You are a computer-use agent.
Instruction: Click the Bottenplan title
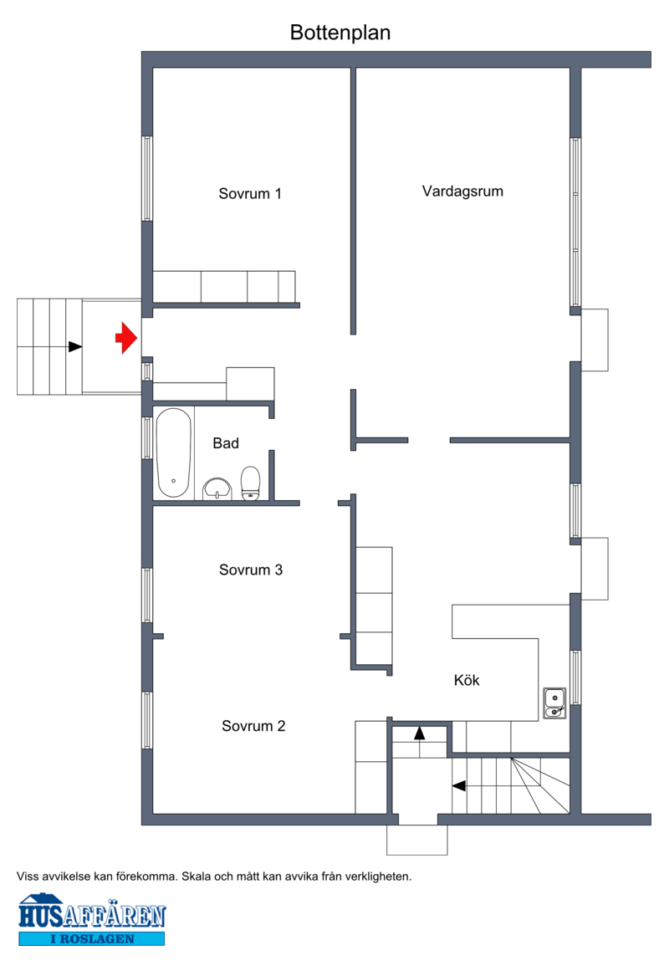pos(340,33)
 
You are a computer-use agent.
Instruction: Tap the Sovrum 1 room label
pos(250,194)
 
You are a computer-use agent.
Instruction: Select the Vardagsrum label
pos(462,192)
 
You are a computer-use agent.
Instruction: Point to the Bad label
pos(226,443)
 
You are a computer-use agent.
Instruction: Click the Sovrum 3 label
pos(251,570)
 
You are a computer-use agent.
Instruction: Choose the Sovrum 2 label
pos(254,726)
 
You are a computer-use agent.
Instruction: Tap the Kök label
pos(467,681)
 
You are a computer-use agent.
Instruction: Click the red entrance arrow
pos(126,338)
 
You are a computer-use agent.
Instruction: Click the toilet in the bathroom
pos(250,483)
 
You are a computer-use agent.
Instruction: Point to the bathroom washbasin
pos(217,488)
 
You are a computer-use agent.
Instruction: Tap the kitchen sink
pos(554,703)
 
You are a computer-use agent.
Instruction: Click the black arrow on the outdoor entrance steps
pos(75,347)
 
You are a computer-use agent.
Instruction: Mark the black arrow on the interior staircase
pos(458,786)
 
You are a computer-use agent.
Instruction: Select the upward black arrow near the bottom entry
pos(419,733)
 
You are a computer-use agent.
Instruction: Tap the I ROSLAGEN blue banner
pos(92,938)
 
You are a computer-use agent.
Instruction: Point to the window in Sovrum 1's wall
pos(147,179)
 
